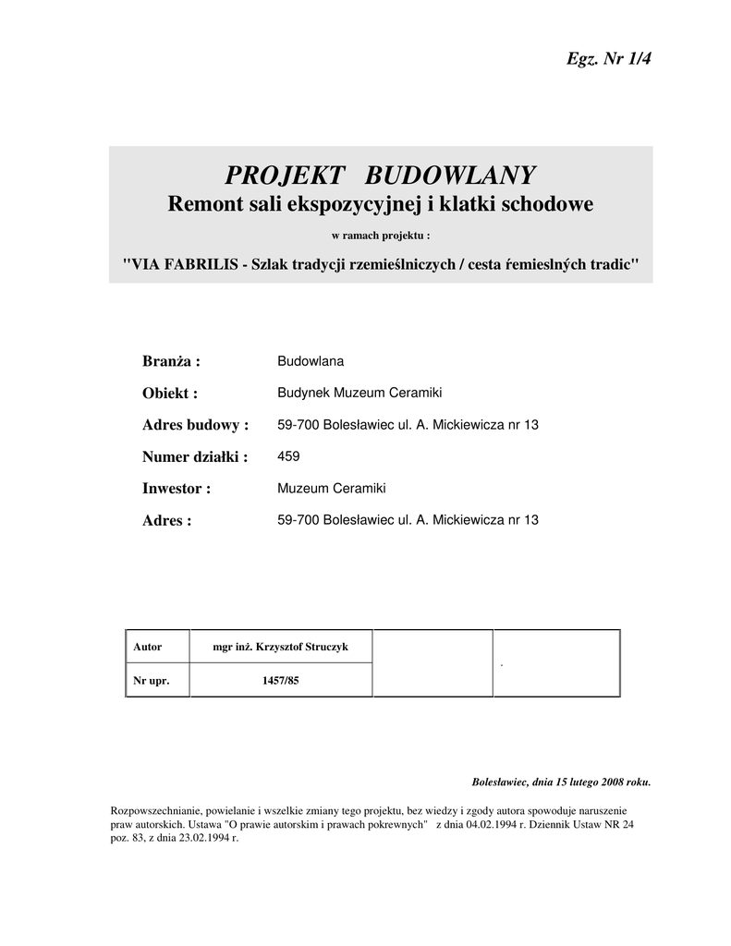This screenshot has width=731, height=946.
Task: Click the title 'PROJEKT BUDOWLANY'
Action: point(381,174)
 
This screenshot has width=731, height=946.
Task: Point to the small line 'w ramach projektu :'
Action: point(381,235)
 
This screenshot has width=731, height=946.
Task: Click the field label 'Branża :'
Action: point(171,360)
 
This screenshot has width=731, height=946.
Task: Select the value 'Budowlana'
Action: point(311,361)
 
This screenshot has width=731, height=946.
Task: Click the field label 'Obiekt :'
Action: point(170,394)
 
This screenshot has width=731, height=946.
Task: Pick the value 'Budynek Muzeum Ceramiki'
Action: point(359,394)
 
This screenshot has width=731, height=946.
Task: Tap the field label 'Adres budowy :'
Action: point(196,425)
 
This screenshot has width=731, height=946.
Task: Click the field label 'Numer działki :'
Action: point(195,456)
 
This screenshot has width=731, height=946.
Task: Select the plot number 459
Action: point(288,456)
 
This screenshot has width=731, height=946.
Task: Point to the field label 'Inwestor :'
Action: point(177,488)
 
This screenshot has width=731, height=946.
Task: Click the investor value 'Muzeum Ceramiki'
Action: point(331,488)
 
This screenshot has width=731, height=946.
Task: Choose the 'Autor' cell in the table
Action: point(148,647)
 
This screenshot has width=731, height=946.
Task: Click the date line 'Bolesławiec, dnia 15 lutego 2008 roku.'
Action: point(561,782)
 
